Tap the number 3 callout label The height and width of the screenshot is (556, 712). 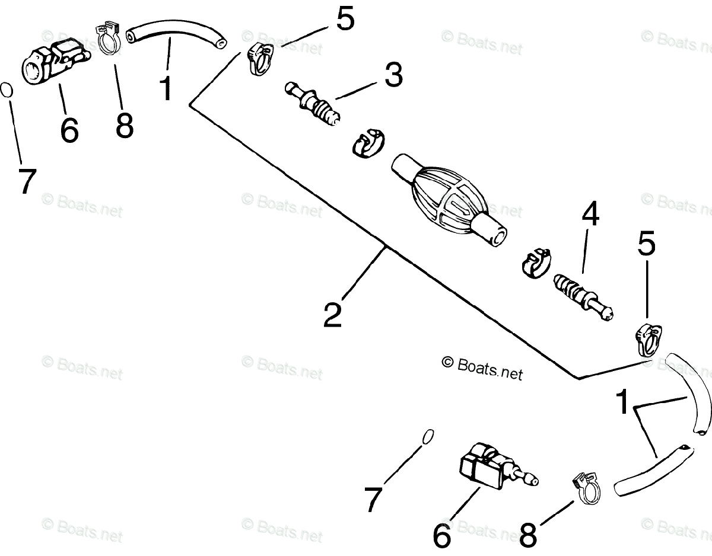[393, 76]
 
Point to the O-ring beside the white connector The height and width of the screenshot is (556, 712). [6, 90]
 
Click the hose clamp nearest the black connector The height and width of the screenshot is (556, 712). [586, 485]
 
